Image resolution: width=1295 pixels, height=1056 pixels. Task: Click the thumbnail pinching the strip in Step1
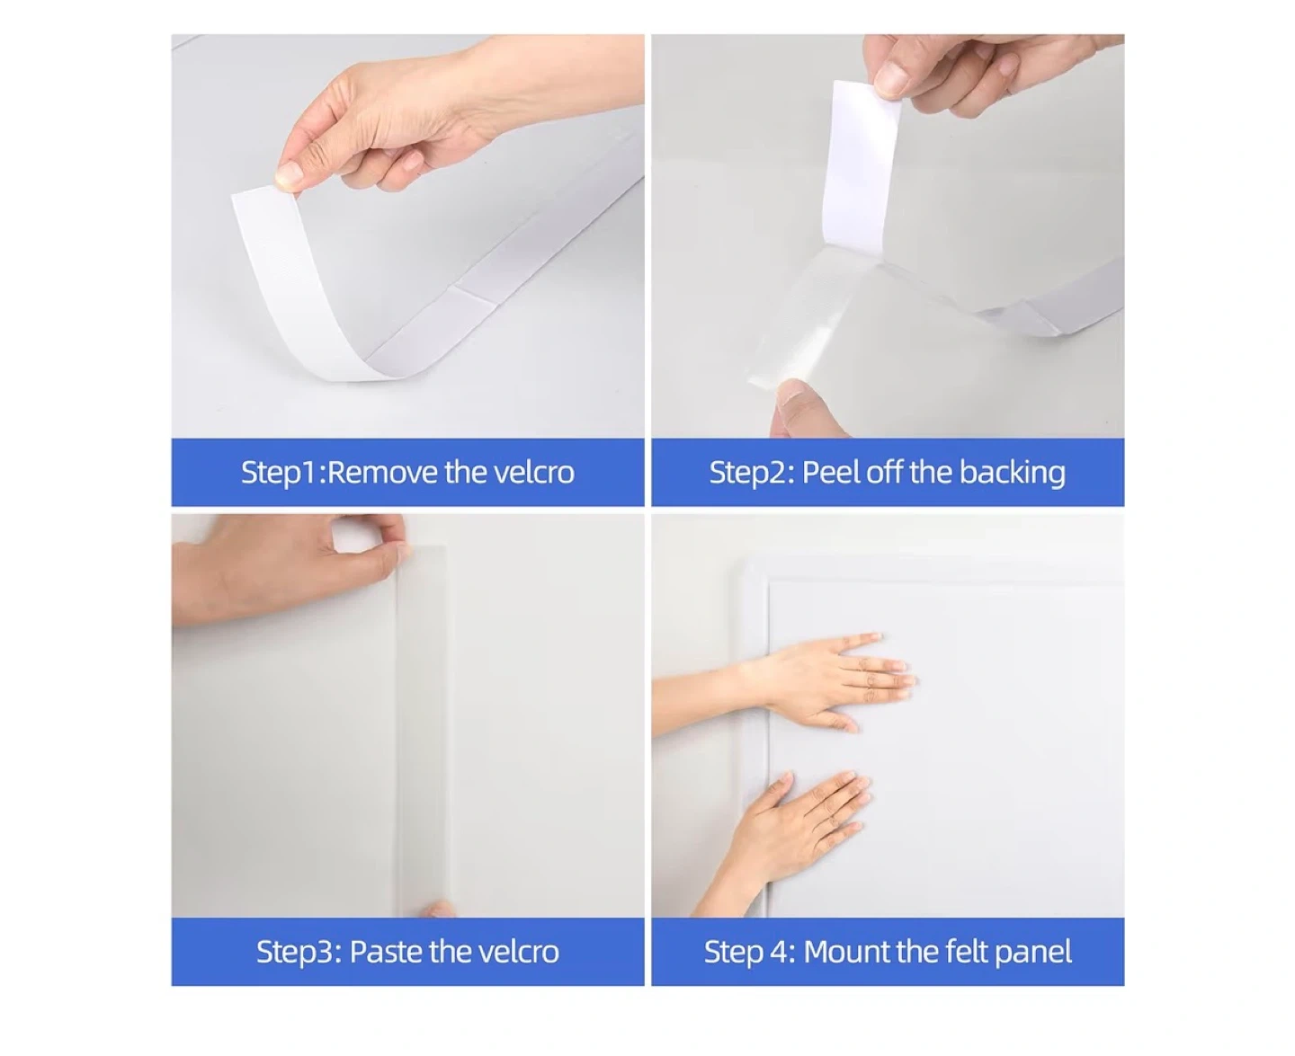[289, 176]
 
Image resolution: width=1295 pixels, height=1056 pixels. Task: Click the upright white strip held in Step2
[860, 169]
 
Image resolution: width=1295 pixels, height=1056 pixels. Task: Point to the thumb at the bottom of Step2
[804, 408]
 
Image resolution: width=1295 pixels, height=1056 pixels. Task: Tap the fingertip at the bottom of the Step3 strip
[438, 910]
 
